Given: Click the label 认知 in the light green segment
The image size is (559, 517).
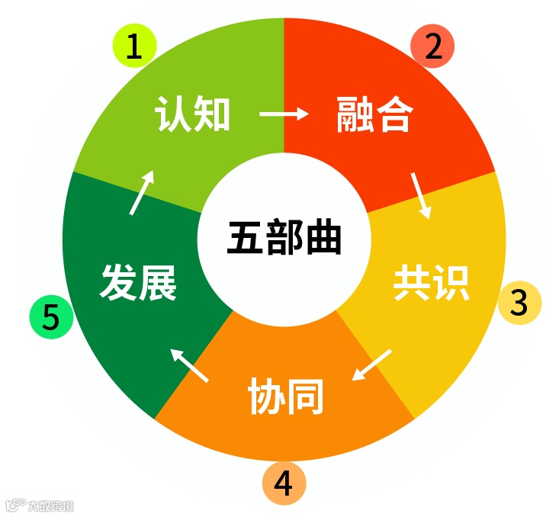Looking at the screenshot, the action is (x=192, y=115).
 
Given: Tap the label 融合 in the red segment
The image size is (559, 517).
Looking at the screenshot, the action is (x=374, y=116).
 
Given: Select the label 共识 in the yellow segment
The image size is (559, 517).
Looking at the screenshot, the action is (x=431, y=284).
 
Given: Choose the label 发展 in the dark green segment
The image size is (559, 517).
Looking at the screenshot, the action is (x=138, y=284).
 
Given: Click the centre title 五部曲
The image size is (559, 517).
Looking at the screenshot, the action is (x=284, y=239).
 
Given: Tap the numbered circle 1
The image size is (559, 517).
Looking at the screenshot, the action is (x=134, y=47).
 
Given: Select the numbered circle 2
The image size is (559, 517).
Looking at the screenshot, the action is (x=432, y=47).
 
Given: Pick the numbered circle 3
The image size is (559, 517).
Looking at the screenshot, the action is (x=519, y=303).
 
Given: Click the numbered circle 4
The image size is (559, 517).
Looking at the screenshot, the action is (x=284, y=482).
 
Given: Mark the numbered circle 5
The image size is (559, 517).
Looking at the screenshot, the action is (x=50, y=317).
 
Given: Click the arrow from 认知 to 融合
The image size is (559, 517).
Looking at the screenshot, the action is (x=284, y=114).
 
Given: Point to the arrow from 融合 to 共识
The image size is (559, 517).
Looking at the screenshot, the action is (x=420, y=195).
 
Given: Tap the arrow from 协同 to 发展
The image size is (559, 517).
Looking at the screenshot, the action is (x=188, y=364).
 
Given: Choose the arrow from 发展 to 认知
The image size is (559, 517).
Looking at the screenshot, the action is (x=142, y=191).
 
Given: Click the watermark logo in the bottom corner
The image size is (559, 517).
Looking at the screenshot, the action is (x=40, y=505).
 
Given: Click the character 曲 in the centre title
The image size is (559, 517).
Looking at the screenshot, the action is (x=323, y=239).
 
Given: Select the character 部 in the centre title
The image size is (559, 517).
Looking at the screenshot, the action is (x=284, y=239).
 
